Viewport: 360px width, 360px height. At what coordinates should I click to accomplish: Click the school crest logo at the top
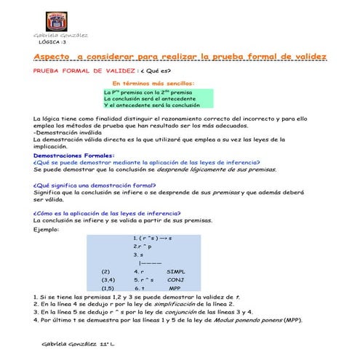[x=56, y=20]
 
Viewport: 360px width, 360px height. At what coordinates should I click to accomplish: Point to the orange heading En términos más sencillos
[x=148, y=84]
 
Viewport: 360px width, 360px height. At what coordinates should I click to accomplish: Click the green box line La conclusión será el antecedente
[x=148, y=98]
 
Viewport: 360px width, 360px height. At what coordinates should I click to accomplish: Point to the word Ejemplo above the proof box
[x=47, y=230]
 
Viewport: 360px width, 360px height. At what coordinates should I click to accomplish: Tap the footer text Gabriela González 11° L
[x=80, y=341]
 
